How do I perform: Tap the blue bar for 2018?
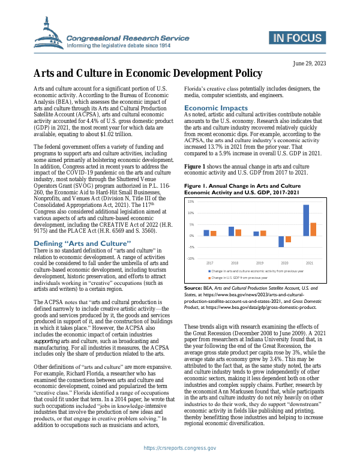pyautogui.click(x=214, y=231)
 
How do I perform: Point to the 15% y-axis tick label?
pyautogui.click(x=190, y=202)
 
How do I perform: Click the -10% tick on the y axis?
pyautogui.click(x=190, y=258)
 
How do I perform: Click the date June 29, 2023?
pyautogui.click(x=309, y=63)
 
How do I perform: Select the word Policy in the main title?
pyautogui.click(x=242, y=73)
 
